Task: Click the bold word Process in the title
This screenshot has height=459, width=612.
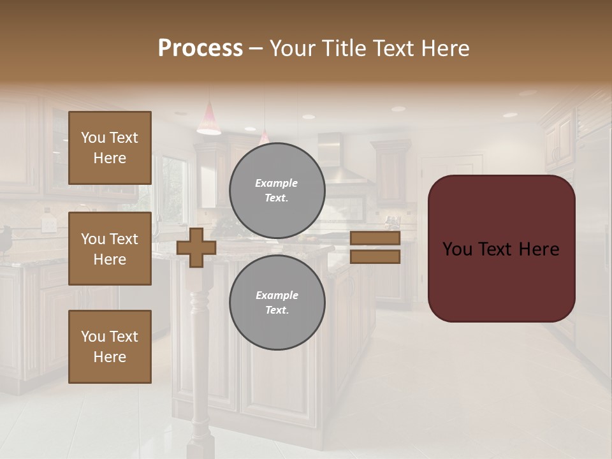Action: [200, 48]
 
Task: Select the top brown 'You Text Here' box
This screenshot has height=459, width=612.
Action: [110, 148]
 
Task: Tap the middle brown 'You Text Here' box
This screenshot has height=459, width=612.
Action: [110, 249]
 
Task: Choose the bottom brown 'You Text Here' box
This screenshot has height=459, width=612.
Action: [110, 347]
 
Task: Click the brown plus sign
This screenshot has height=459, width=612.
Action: [196, 247]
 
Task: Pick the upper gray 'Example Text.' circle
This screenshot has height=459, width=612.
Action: [277, 191]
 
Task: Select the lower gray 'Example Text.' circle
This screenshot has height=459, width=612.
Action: [277, 303]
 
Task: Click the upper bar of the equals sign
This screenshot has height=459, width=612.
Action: [375, 238]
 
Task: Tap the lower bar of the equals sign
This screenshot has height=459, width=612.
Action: [375, 256]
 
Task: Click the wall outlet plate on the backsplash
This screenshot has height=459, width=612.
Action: [47, 224]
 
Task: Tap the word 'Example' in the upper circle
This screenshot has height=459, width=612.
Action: [277, 183]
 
